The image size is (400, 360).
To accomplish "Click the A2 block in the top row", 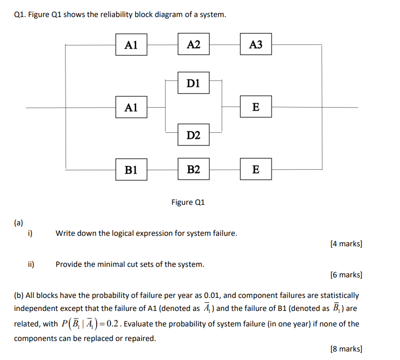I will (x=193, y=45).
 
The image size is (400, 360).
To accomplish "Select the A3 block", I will (x=255, y=45).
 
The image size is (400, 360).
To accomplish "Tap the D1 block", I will (x=193, y=83).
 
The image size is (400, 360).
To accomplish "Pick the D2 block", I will (x=193, y=135).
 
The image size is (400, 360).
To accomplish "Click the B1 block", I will (x=131, y=170).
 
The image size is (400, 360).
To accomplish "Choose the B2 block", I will (x=193, y=170).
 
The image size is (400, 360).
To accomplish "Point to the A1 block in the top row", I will (x=131, y=45).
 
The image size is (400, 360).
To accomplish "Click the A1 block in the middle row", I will (x=131, y=107).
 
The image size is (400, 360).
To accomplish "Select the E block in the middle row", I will (x=256, y=107).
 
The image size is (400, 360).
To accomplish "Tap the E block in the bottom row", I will (x=256, y=170).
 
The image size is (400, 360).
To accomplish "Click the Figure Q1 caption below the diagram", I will (x=188, y=202).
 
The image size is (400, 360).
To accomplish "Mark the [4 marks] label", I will (x=346, y=244).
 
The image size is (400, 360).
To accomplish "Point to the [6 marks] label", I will (x=346, y=275).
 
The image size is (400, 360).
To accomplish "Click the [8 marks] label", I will (x=346, y=349).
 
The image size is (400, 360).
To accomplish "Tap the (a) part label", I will (x=19, y=222).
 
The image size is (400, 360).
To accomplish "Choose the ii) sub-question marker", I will (x=31, y=264).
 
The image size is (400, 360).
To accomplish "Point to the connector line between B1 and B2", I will (x=162, y=170).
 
